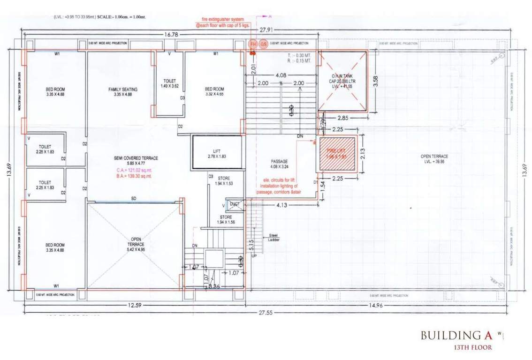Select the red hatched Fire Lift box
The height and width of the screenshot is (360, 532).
tap(337, 154)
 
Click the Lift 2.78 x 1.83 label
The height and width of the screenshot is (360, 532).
tap(216, 154)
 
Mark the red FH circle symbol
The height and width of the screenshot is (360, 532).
tap(253, 44)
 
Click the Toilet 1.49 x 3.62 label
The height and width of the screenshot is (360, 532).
tap(170, 83)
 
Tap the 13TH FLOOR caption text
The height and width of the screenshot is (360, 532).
tap(472, 348)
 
